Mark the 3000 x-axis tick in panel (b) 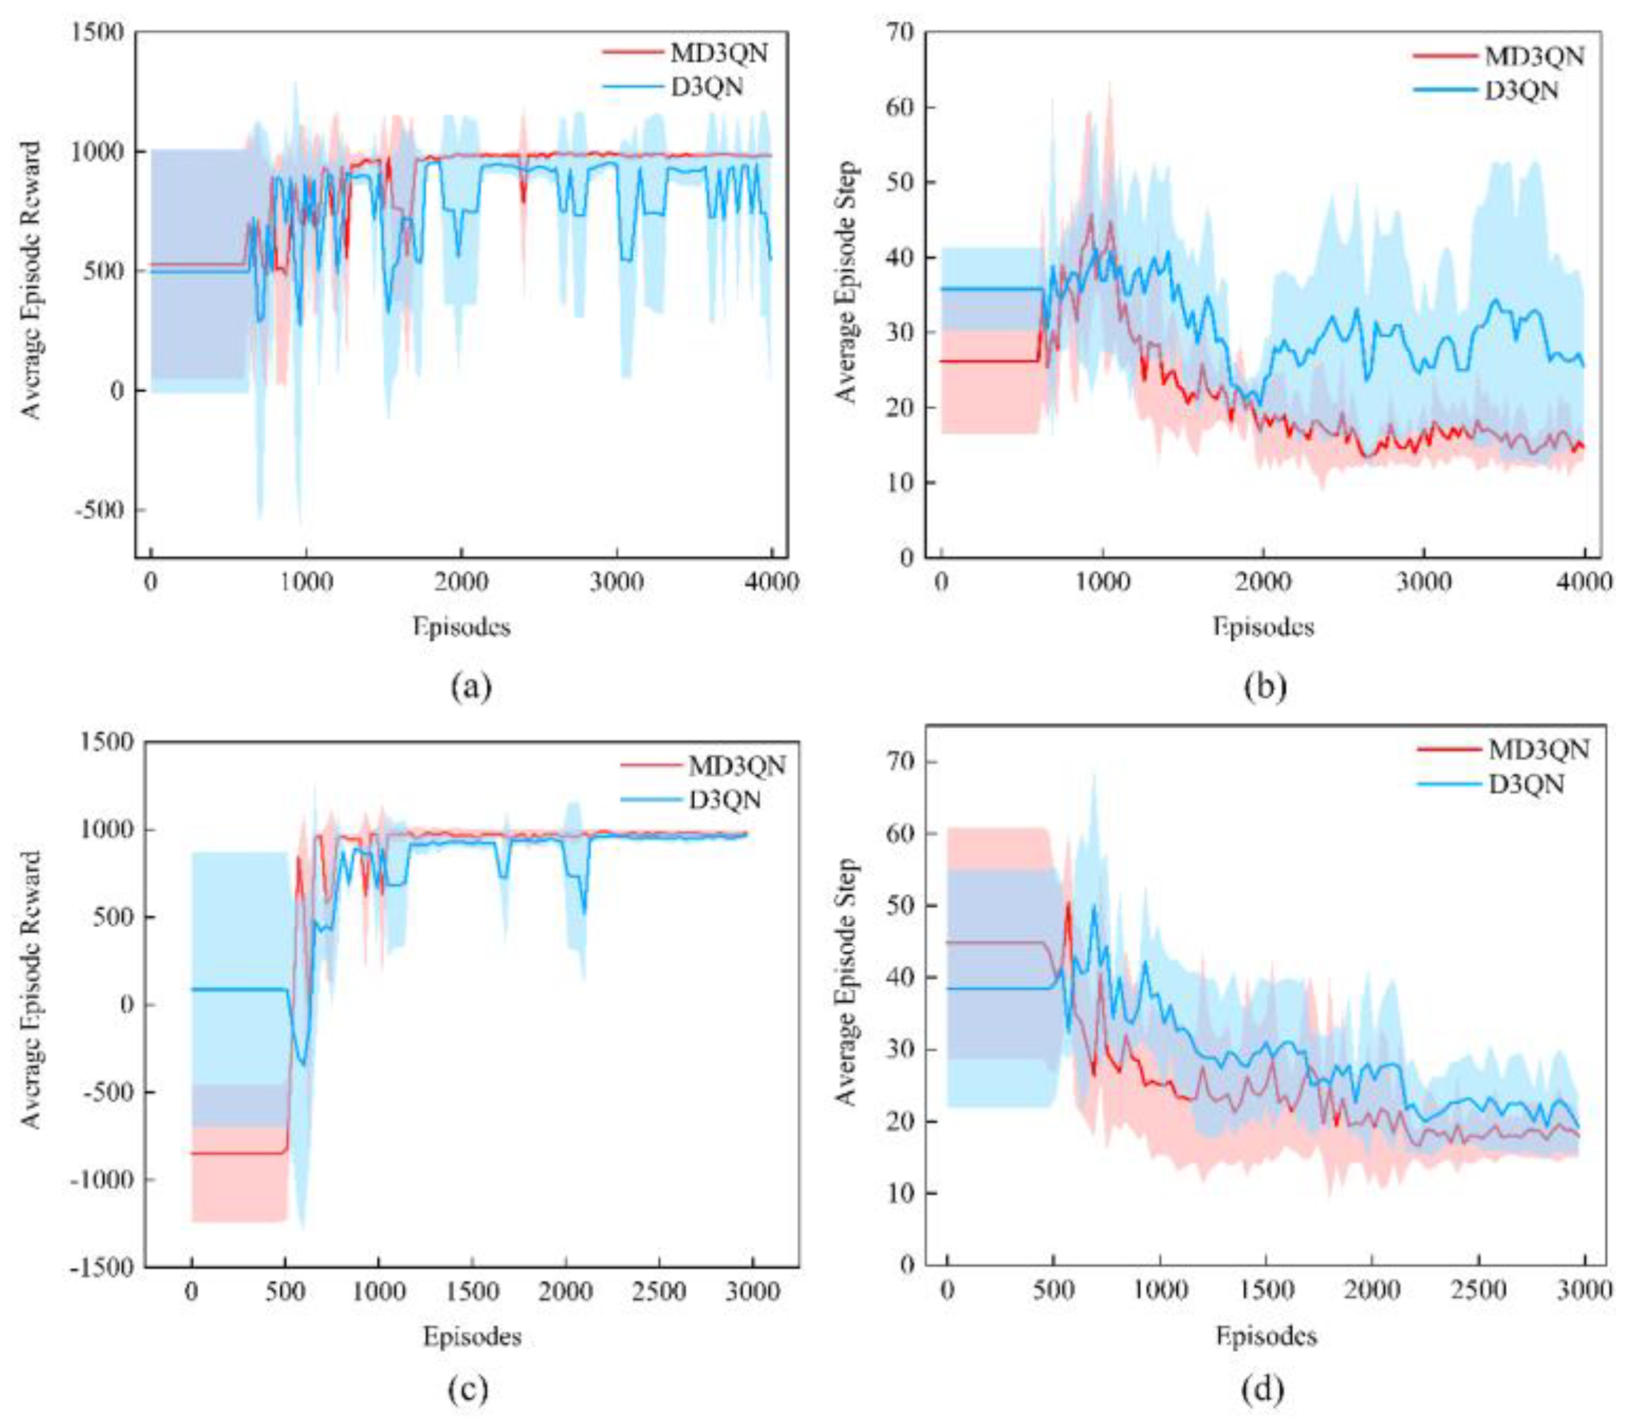pos(1423,582)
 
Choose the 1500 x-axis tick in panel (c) pos(472,1290)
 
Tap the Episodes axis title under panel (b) pos(1263,627)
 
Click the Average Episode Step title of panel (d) pos(846,982)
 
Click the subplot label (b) pos(1265,686)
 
